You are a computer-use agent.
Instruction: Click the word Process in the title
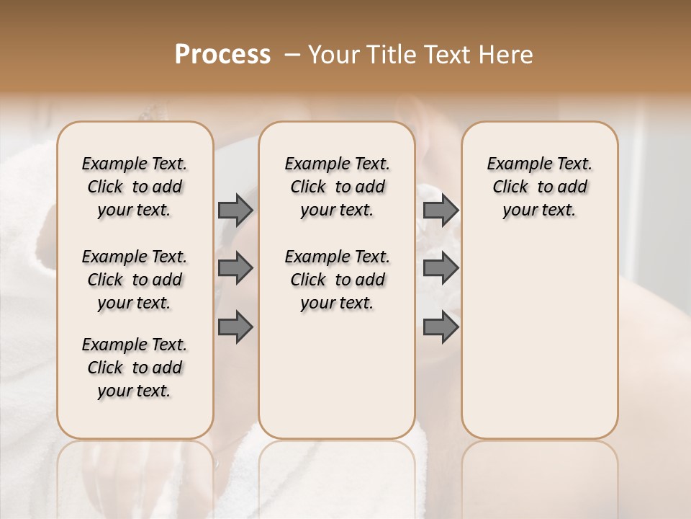click(x=222, y=55)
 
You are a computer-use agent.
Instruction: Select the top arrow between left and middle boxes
click(x=235, y=210)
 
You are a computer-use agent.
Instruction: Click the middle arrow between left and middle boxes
click(x=235, y=268)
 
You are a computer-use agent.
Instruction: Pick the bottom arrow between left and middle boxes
click(x=235, y=327)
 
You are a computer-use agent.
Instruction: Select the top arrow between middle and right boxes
click(x=441, y=210)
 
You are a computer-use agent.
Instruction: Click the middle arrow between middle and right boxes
click(x=441, y=268)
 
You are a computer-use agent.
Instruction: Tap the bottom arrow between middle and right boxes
click(x=441, y=327)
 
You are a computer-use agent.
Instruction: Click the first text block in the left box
click(x=135, y=187)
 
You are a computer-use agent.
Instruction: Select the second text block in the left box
click(x=135, y=280)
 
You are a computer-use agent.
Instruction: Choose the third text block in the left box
click(x=135, y=368)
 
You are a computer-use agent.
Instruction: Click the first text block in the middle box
click(x=337, y=187)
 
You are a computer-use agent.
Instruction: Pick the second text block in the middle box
click(x=337, y=280)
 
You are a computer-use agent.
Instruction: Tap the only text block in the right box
click(x=539, y=187)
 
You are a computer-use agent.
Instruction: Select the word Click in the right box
click(x=510, y=187)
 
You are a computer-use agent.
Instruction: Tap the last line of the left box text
click(x=135, y=391)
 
